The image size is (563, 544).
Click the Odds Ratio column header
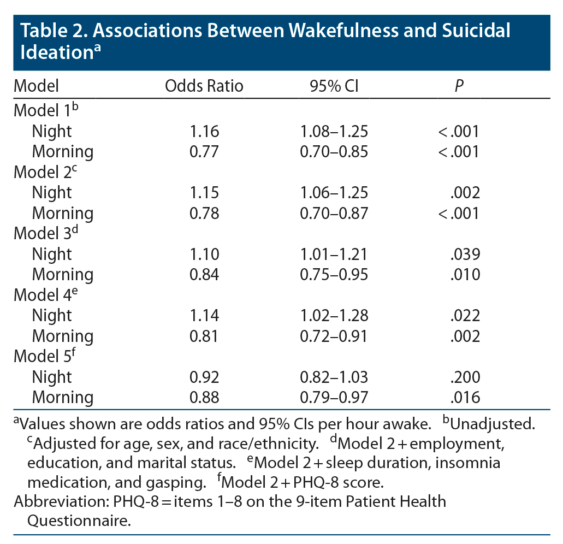(204, 86)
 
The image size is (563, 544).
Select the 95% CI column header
(334, 86)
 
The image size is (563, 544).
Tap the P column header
(459, 86)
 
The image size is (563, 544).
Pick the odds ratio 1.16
(204, 131)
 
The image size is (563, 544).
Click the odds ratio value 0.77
(204, 151)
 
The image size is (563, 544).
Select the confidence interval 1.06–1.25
(334, 192)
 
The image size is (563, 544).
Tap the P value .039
(466, 254)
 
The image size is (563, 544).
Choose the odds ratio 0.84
(204, 274)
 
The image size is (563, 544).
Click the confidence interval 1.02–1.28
(334, 315)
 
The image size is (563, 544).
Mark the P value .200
(466, 377)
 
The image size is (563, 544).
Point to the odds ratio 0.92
(204, 377)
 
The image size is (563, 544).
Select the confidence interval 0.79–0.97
(334, 397)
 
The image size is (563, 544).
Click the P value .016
(466, 397)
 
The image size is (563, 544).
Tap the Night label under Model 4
(52, 315)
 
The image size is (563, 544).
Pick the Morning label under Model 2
(63, 213)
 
